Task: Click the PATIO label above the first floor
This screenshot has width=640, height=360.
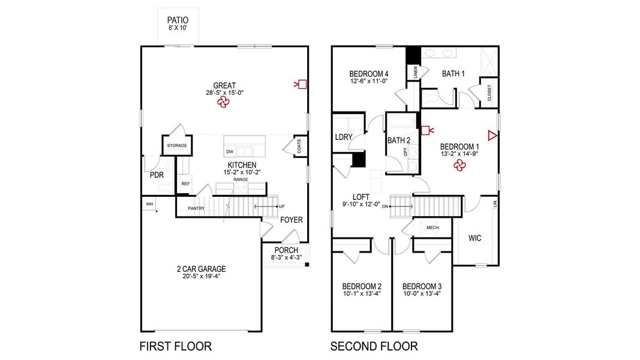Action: (177, 20)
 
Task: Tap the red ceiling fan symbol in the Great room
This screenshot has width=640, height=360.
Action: (224, 103)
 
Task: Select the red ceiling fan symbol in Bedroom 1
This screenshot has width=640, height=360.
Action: (459, 167)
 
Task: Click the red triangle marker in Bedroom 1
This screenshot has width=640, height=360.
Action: (492, 136)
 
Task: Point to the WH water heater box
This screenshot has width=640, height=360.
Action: (149, 204)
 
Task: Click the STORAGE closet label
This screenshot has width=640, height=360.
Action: (177, 146)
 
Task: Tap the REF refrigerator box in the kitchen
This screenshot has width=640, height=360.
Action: (185, 184)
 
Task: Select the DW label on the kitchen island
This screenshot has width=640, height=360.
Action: (230, 152)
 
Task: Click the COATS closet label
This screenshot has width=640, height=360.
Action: (299, 146)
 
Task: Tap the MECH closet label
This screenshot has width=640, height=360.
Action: (432, 228)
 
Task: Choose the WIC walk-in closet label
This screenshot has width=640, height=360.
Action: (474, 238)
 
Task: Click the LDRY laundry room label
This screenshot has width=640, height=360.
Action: (344, 137)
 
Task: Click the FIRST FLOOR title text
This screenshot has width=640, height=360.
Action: (175, 346)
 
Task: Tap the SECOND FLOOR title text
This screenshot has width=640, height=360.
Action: (374, 346)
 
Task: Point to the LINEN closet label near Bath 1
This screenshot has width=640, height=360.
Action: (415, 72)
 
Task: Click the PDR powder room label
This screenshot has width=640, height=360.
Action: (157, 175)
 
